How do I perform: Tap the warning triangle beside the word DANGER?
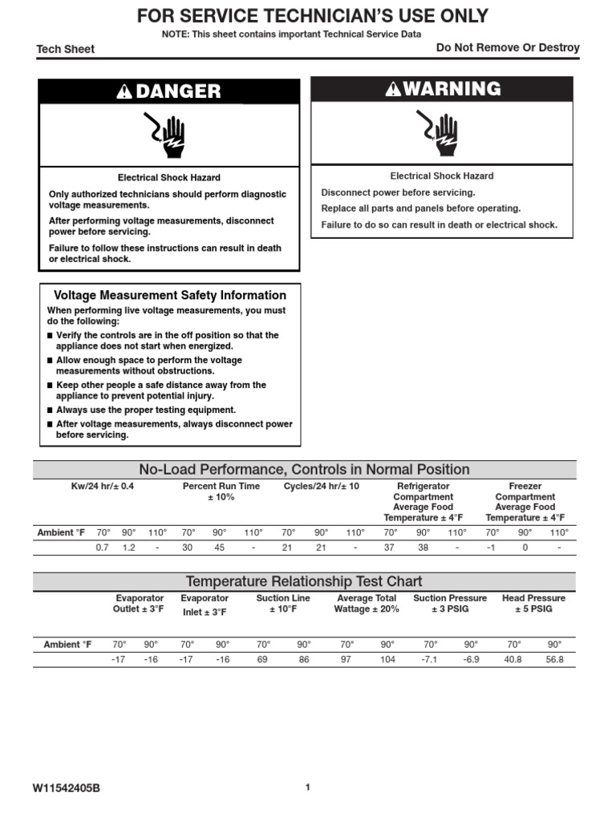[124, 92]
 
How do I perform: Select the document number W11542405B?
[67, 788]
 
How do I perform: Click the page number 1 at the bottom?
[307, 787]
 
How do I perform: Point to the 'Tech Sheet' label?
[66, 49]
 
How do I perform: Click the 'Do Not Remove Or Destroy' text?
[508, 48]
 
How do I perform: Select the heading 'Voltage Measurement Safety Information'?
[169, 295]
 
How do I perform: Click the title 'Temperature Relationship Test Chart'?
[304, 581]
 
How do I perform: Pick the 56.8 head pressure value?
[554, 660]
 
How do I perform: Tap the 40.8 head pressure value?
[513, 660]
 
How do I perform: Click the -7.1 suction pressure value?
[430, 660]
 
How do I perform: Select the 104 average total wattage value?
[387, 660]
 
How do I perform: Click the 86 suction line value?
[304, 660]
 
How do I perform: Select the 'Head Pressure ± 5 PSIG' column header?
[533, 604]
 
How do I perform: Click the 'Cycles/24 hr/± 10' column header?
[322, 487]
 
